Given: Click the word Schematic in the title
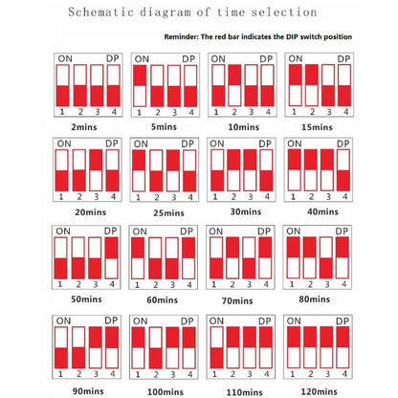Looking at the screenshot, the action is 100,12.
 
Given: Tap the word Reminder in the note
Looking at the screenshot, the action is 181,36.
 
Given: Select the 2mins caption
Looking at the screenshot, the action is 84,127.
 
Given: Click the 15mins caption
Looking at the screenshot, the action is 317,127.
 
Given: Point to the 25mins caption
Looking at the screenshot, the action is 168,212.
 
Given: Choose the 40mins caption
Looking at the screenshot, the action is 322,211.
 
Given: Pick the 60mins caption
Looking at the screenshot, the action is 163,299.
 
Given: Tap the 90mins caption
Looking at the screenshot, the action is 88,391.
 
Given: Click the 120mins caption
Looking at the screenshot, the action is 319,391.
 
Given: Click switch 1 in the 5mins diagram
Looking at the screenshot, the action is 140,86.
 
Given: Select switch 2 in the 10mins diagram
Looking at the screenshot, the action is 234,85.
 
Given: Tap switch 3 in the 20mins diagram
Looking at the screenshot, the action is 96,170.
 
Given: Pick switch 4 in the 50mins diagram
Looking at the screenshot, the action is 112,258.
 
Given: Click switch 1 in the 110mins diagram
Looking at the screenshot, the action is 216,347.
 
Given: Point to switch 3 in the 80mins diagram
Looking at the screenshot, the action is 326,257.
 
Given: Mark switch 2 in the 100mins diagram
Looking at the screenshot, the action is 156,348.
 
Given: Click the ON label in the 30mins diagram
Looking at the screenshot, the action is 217,144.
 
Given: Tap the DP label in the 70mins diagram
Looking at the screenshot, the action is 264,232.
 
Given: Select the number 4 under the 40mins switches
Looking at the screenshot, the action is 344,197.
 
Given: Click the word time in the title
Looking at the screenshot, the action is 231,12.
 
